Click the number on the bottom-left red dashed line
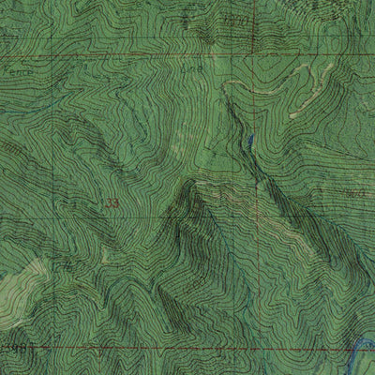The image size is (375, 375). click(13, 347)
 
